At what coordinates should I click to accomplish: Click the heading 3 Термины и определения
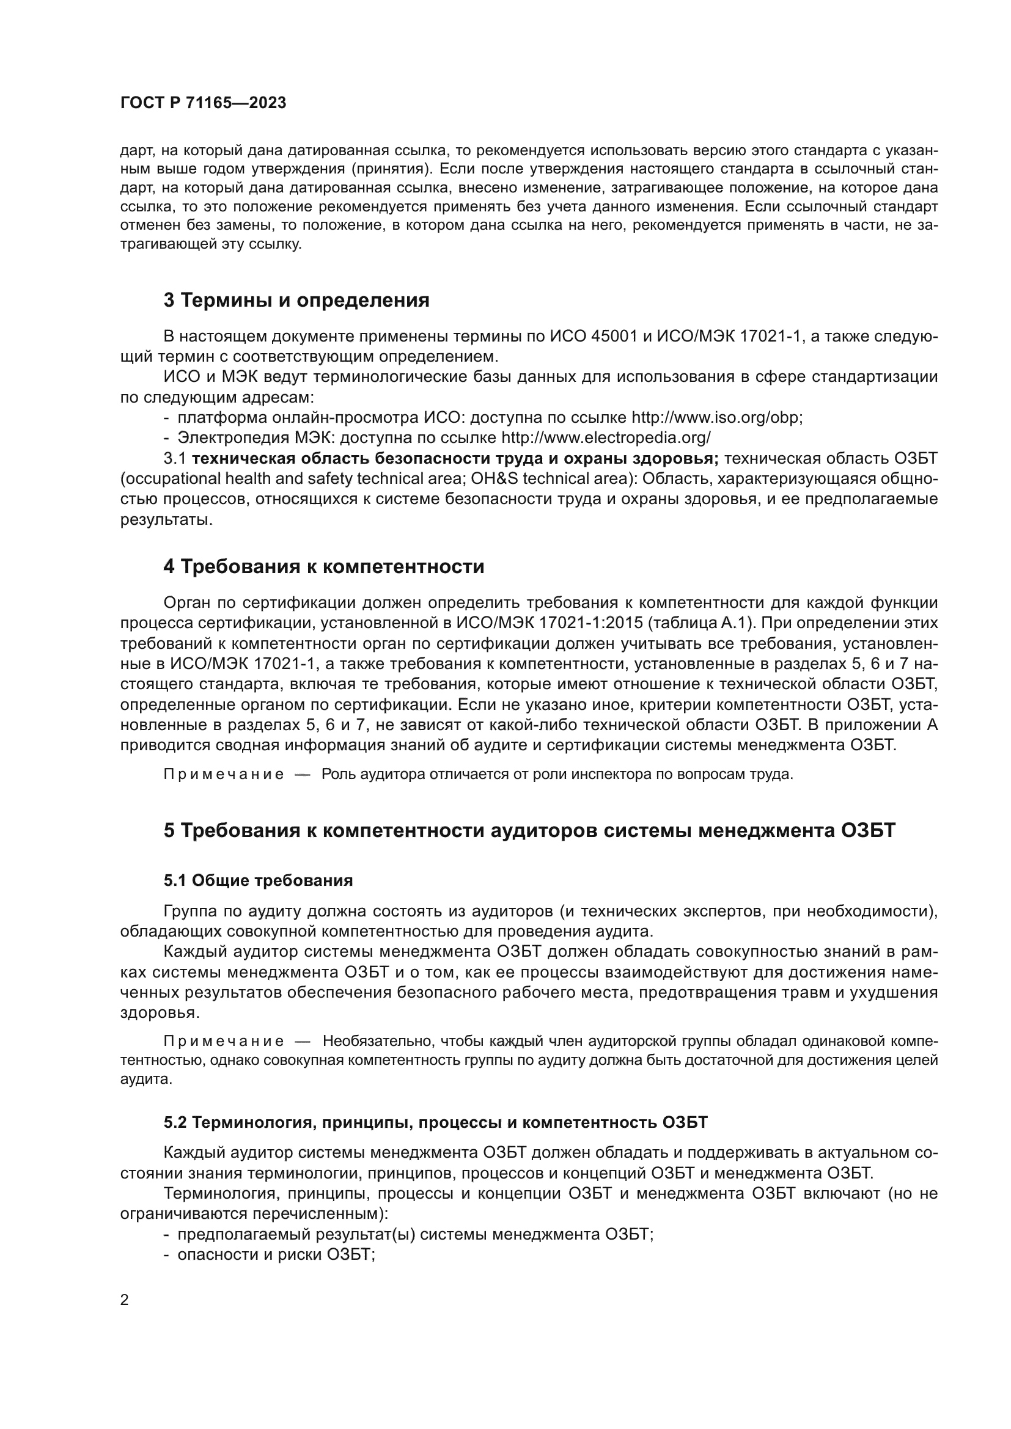[296, 300]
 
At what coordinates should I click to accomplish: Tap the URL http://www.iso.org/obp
[716, 417]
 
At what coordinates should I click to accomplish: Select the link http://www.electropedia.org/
[606, 437]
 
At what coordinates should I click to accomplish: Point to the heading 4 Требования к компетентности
[324, 566]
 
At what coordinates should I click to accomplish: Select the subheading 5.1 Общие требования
[259, 880]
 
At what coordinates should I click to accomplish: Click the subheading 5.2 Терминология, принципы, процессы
[436, 1122]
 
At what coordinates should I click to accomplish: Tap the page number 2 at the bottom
[125, 1299]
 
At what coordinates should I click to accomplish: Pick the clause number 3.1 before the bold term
[175, 459]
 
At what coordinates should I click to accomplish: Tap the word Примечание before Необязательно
[224, 1041]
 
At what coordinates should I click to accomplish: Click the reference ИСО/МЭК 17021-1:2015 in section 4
[545, 623]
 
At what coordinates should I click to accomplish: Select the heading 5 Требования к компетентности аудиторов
[529, 830]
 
